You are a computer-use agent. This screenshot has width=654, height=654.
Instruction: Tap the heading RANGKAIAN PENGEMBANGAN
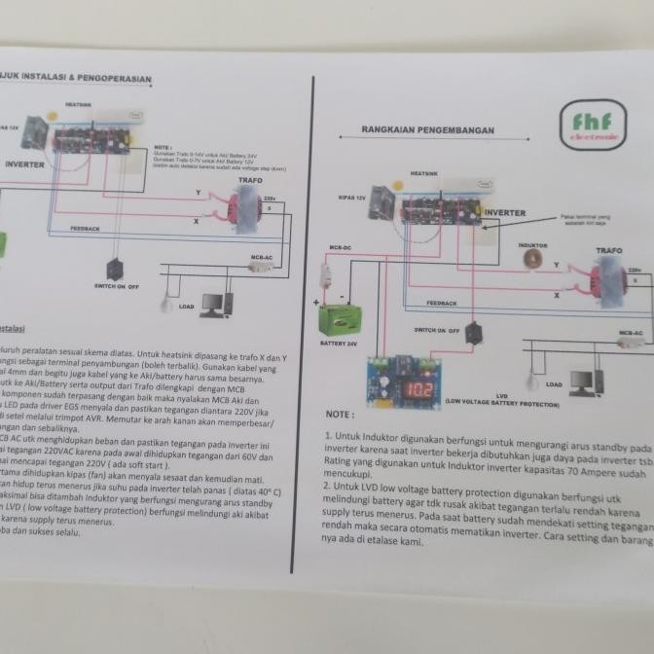(x=427, y=130)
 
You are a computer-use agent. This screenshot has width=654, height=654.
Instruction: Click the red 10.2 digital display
(x=418, y=390)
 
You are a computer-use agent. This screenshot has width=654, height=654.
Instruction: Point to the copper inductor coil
(x=531, y=258)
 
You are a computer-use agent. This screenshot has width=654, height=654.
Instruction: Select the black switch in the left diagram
(x=115, y=269)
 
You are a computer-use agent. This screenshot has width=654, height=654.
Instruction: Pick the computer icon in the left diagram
(x=216, y=305)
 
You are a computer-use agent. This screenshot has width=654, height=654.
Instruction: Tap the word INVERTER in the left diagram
(x=24, y=164)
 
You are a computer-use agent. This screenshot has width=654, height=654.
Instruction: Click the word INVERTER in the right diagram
(x=505, y=212)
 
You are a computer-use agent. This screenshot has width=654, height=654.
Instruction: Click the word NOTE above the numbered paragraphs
(x=340, y=415)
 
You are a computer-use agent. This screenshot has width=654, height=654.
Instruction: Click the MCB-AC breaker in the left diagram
(x=259, y=265)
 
